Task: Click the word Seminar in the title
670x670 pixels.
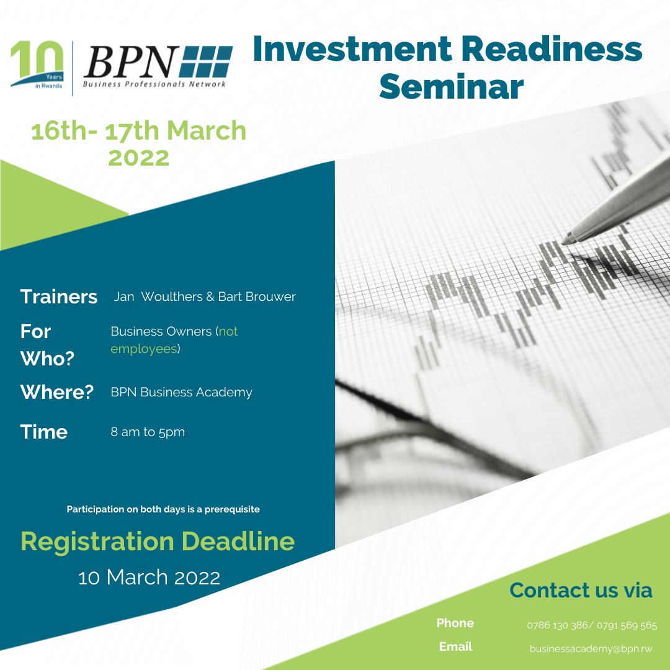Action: [451, 86]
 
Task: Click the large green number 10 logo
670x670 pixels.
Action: [37, 62]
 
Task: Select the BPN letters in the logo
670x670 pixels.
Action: [130, 63]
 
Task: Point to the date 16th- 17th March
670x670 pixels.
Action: [138, 132]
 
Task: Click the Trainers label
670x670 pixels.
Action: [59, 297]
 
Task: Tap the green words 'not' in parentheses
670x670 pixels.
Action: [228, 331]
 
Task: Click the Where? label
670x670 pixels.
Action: [56, 392]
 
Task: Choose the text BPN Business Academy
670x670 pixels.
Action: [181, 392]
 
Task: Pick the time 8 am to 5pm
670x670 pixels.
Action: [148, 432]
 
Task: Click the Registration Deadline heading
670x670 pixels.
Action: [158, 542]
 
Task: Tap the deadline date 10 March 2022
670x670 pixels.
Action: [149, 578]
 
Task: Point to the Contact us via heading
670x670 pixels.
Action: [580, 590]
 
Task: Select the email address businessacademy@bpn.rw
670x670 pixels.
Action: [591, 648]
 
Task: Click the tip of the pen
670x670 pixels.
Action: [565, 240]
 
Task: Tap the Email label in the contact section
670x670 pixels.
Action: [455, 646]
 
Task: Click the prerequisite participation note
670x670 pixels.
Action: [163, 509]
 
